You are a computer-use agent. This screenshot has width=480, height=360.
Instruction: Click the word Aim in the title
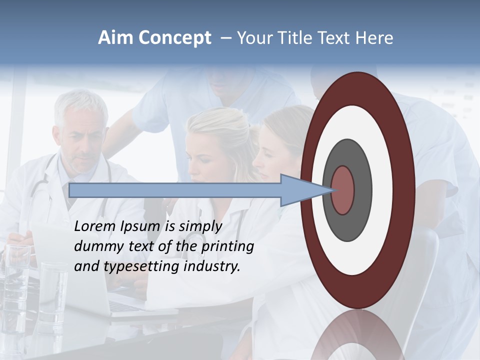116,38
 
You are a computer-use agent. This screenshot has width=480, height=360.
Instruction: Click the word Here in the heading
373,38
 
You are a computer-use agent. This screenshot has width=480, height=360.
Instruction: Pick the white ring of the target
382,190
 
